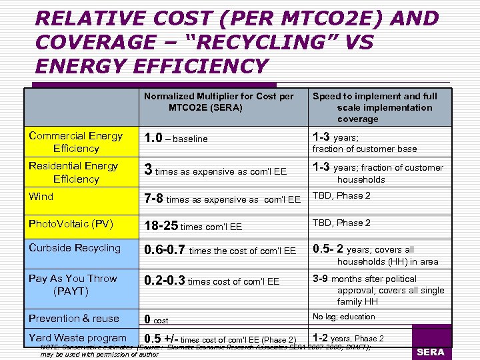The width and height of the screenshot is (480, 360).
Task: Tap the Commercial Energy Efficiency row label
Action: point(75,142)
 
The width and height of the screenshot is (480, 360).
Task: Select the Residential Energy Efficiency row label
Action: point(73,172)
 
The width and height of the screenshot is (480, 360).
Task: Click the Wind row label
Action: point(41,197)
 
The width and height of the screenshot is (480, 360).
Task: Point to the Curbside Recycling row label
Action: point(75,248)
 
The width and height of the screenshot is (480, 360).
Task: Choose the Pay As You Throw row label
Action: point(73,285)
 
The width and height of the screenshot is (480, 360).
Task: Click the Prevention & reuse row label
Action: point(73,318)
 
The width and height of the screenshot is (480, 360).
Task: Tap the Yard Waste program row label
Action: point(77,338)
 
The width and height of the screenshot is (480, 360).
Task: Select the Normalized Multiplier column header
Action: point(219,101)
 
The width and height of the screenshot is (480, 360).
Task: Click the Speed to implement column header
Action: point(375,107)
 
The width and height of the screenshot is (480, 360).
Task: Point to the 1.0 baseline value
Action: point(155,138)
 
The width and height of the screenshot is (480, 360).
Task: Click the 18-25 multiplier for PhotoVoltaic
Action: point(162,226)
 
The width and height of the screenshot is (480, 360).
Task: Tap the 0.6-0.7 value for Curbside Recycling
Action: point(165,250)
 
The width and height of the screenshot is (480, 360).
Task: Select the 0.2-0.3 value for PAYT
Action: point(165,281)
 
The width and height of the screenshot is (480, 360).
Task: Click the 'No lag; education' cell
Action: point(344,317)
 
